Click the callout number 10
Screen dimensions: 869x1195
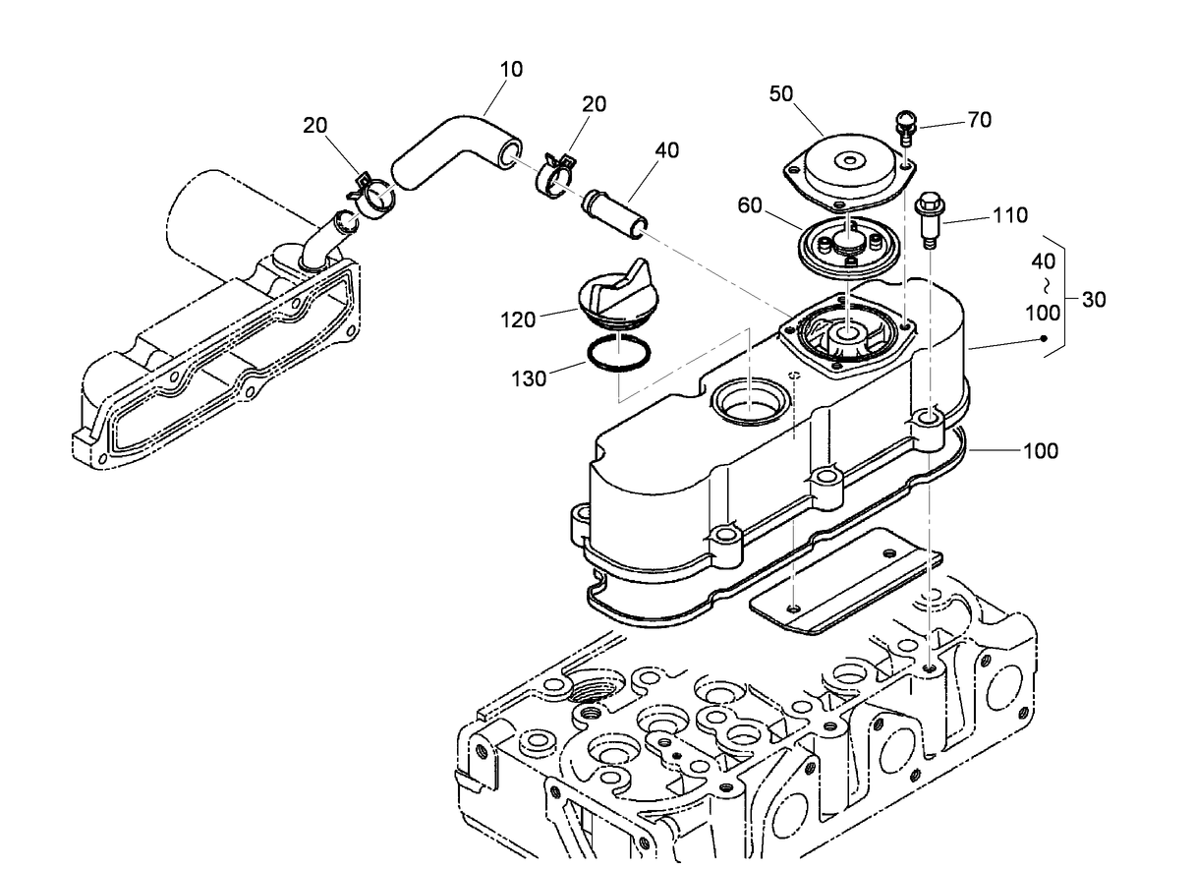pyautogui.click(x=511, y=70)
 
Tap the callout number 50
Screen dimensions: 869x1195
pyautogui.click(x=781, y=93)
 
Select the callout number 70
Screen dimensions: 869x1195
pyautogui.click(x=979, y=120)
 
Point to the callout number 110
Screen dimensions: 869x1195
pyautogui.click(x=1010, y=215)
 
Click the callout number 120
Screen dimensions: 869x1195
pyautogui.click(x=517, y=319)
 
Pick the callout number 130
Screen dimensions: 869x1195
pyautogui.click(x=529, y=377)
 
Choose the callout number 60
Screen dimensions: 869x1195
pyautogui.click(x=751, y=205)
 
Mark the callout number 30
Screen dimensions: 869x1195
pyautogui.click(x=1093, y=300)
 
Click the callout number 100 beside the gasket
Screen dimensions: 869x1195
pyautogui.click(x=1041, y=451)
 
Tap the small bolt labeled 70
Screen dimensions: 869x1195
pyautogui.click(x=904, y=128)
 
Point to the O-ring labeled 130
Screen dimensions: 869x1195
pyautogui.click(x=617, y=353)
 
